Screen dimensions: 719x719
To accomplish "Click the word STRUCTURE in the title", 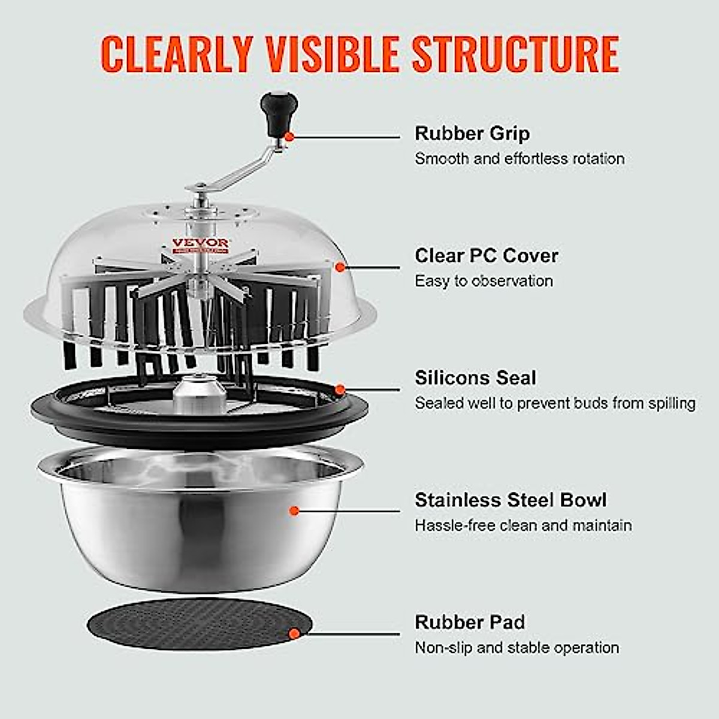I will (x=515, y=54).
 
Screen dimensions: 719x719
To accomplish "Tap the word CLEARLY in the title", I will (x=177, y=54).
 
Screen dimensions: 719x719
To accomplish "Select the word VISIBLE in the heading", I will (x=332, y=54).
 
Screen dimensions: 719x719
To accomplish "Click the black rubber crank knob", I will (x=278, y=112).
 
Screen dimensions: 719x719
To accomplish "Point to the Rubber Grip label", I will (x=472, y=133).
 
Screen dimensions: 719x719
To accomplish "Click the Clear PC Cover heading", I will (x=486, y=255).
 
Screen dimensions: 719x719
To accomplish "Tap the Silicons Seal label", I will (x=475, y=377).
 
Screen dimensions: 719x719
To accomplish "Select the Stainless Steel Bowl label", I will (x=510, y=500).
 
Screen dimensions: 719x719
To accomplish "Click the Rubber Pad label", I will (x=469, y=622).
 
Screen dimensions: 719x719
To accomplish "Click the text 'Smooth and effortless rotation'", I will (x=519, y=159).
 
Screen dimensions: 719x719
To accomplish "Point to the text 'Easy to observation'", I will (x=484, y=281).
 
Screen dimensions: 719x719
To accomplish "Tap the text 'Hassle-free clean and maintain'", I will (x=523, y=525).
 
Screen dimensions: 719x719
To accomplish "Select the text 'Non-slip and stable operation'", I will (x=516, y=648).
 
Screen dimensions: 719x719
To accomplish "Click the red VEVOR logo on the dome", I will (x=200, y=243).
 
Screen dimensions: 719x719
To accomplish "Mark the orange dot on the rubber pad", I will (x=294, y=633).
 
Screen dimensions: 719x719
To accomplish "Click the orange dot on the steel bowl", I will (x=294, y=511).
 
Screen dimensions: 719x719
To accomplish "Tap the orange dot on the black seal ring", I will (x=340, y=390).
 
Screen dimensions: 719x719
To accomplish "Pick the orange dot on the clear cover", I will (x=340, y=267).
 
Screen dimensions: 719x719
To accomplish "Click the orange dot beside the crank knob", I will (x=289, y=137).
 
